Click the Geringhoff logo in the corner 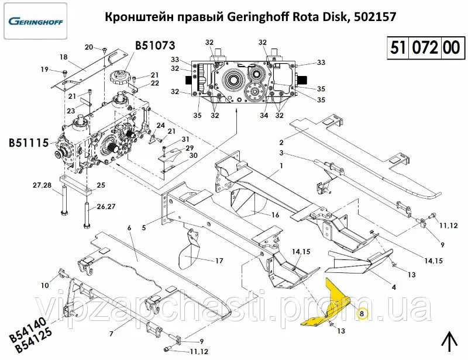pos(36,21)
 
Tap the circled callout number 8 pos(362,313)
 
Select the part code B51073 pos(155,46)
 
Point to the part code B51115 pos(29,143)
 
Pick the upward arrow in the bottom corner pos(450,342)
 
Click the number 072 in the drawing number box pos(425,48)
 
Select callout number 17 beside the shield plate pos(219,261)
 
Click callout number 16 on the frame pos(275,214)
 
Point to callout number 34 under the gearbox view pos(264,115)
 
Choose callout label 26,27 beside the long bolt pos(106,206)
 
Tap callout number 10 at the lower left pos(45,285)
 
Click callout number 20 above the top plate pos(89,47)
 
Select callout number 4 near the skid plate pos(394,287)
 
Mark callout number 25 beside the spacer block pos(101,185)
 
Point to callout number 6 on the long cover pos(129,228)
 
